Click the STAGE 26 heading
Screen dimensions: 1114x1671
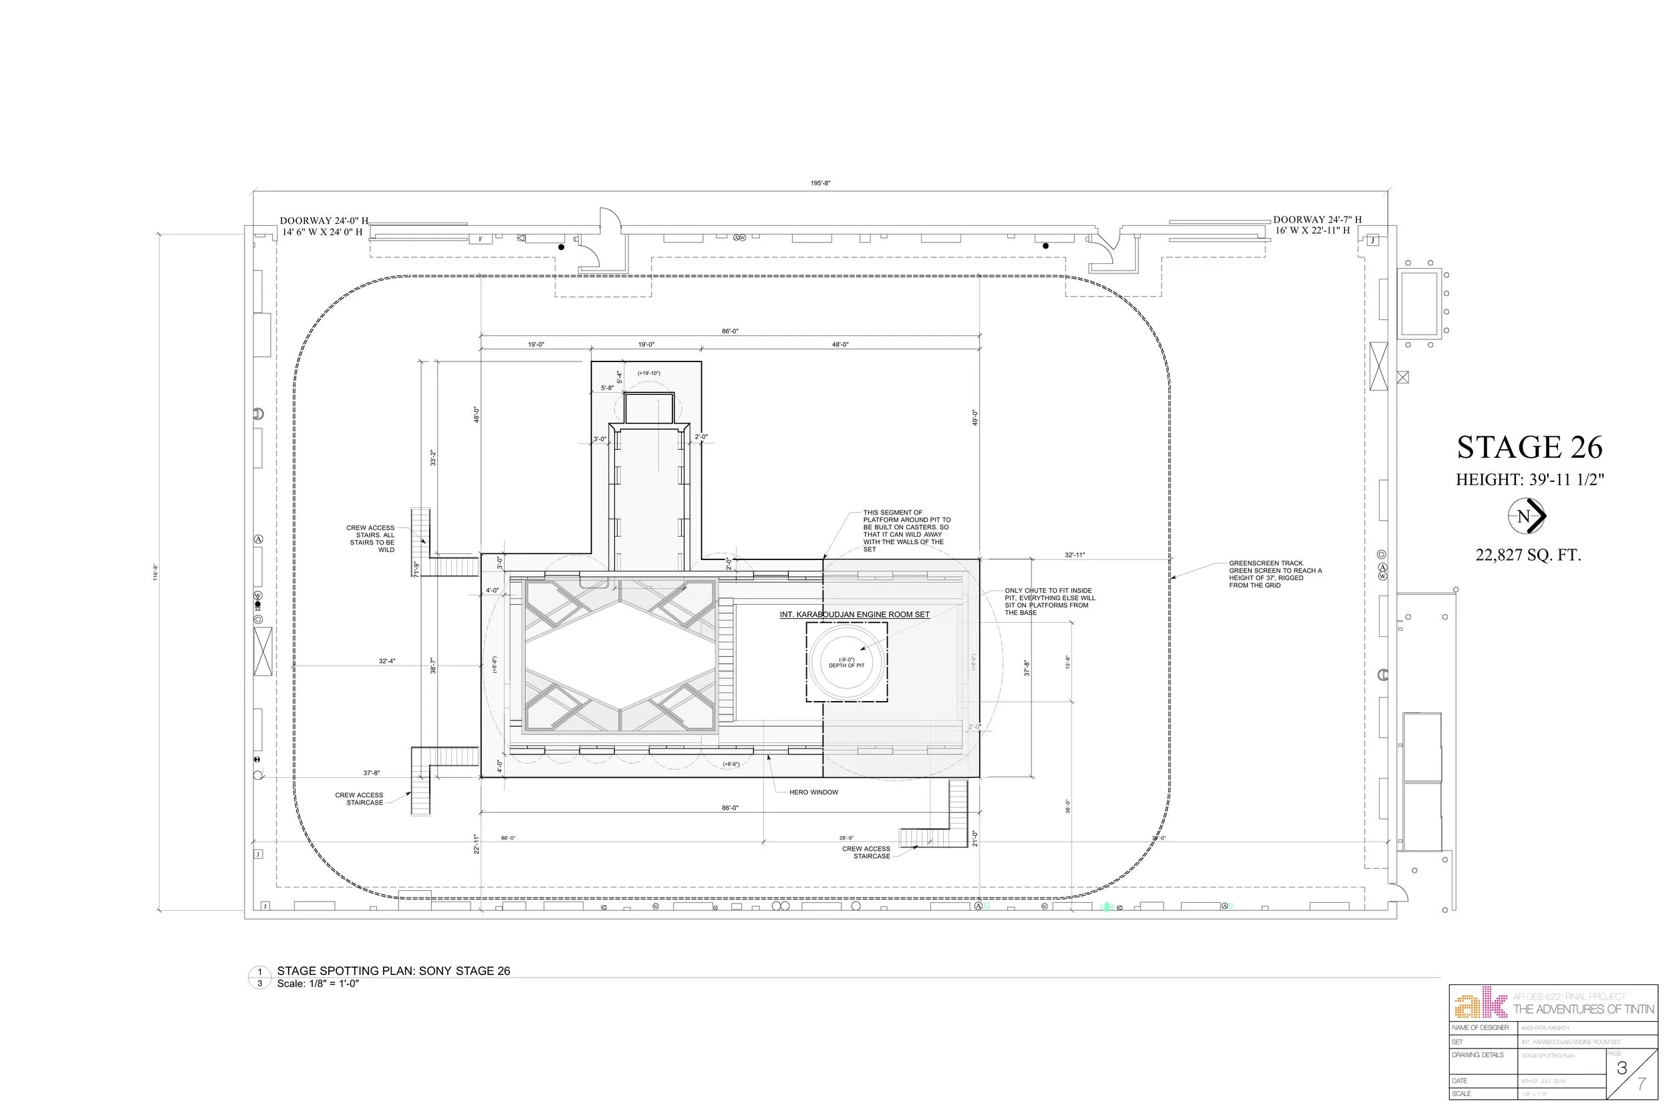click(1529, 448)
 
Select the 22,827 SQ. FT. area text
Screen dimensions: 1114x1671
click(1527, 555)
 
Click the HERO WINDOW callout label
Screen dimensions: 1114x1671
click(813, 792)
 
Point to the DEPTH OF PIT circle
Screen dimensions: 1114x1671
click(847, 662)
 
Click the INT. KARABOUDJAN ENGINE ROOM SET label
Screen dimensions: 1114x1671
click(854, 615)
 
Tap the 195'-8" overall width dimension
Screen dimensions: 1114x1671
click(821, 183)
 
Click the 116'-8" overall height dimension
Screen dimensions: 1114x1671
click(156, 572)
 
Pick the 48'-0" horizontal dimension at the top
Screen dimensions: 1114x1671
click(840, 345)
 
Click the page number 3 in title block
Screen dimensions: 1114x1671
click(1622, 1069)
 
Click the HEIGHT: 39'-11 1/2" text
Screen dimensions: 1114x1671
click(1529, 480)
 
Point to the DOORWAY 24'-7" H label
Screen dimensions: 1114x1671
click(1317, 220)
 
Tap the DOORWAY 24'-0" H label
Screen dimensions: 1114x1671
click(324, 221)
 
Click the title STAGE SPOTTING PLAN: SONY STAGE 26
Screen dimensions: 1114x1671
click(394, 971)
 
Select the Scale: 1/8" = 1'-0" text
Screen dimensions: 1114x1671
click(317, 984)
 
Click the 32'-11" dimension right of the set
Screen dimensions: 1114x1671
click(1074, 555)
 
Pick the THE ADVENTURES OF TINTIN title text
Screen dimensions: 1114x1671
click(1583, 1010)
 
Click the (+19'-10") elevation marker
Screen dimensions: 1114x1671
click(648, 373)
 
